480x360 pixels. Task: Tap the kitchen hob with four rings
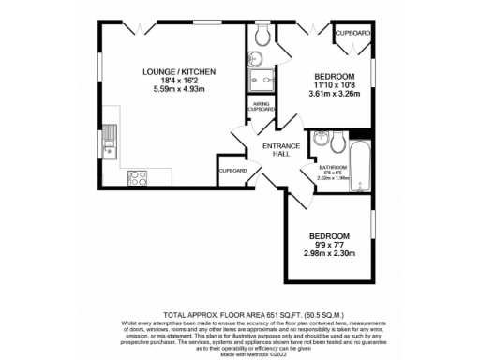pyautogui.click(x=138, y=175)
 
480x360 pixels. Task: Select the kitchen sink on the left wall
pyautogui.click(x=110, y=140)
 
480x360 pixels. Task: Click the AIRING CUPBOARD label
pyautogui.click(x=261, y=107)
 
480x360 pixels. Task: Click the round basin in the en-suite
pyautogui.click(x=255, y=59)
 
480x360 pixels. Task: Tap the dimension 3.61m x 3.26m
pyautogui.click(x=333, y=94)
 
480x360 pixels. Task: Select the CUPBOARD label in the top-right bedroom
pyautogui.click(x=352, y=33)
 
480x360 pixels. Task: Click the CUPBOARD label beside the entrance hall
pyautogui.click(x=232, y=171)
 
